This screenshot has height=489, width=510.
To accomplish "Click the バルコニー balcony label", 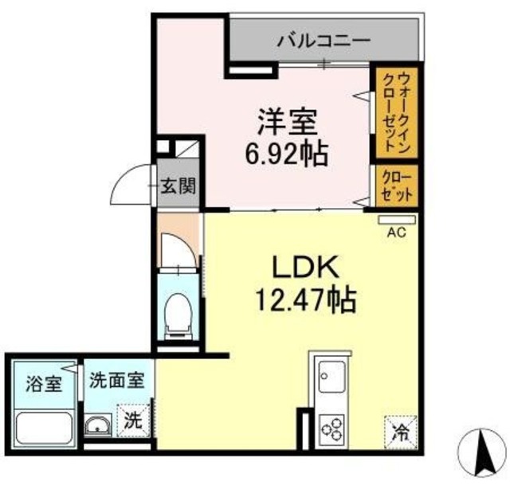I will pos(324,39).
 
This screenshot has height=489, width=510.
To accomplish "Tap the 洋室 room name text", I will pos(287,124).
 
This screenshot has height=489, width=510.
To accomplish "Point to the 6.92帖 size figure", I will pos(287,153).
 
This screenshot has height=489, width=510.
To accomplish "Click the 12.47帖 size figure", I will pos(304,300).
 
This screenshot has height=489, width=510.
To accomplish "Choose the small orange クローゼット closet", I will pos(396,186).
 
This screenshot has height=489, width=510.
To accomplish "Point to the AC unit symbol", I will pos(396,218).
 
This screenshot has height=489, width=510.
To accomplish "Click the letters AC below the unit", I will pos(396,233).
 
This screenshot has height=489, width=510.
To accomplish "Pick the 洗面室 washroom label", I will pos(116,381).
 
